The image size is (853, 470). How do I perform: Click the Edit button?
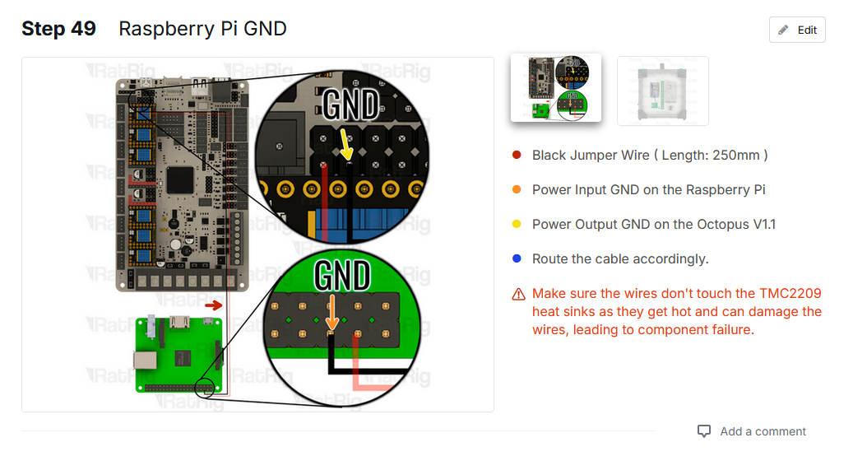tap(797, 30)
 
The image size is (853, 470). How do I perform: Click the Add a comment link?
tap(763, 431)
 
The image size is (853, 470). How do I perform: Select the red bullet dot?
tap(517, 155)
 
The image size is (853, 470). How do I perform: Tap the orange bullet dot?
tap(517, 189)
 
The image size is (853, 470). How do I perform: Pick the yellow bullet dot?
tap(517, 224)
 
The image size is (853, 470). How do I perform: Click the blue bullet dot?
tap(517, 258)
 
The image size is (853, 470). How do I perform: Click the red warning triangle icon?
tap(518, 294)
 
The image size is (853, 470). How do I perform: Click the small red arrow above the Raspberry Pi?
tap(213, 305)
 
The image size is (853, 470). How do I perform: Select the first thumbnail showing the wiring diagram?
tap(556, 89)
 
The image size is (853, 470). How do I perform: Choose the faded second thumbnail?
tap(662, 91)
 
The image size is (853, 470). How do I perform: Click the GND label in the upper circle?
tap(350, 105)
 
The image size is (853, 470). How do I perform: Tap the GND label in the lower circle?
tap(342, 273)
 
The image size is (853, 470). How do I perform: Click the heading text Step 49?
tap(58, 29)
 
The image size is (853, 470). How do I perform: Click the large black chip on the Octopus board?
tap(180, 179)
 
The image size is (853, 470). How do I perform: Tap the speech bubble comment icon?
tap(704, 431)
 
